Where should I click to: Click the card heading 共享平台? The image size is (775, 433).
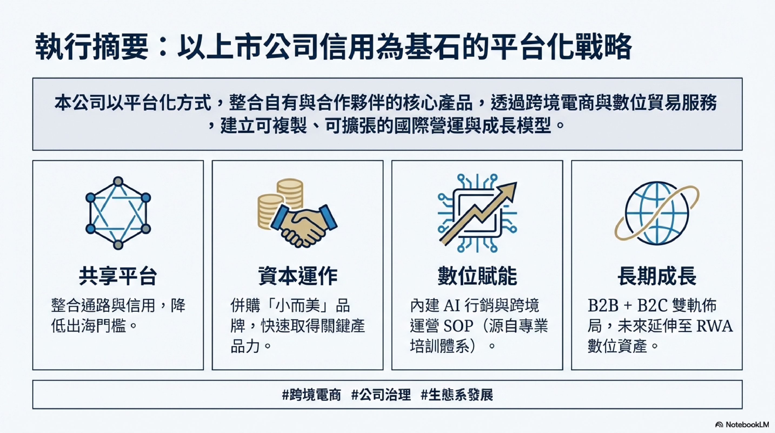click(x=118, y=275)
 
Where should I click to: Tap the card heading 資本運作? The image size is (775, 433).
click(x=298, y=275)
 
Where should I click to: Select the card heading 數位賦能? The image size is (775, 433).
click(x=477, y=275)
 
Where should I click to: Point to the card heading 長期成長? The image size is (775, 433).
click(x=657, y=275)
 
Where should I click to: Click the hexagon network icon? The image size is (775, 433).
click(x=118, y=213)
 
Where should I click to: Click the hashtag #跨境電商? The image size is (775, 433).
click(x=312, y=395)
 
